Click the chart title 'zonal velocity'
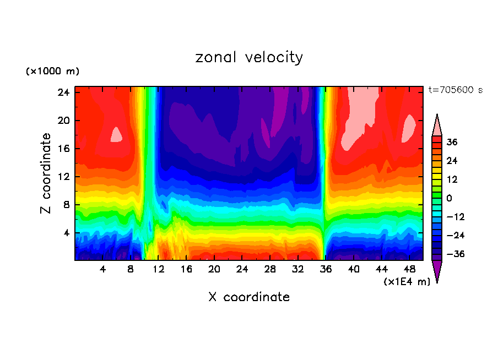tap(249, 57)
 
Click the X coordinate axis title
tap(249, 297)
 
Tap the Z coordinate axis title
tap(46, 173)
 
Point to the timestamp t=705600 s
tap(455, 90)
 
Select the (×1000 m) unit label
tap(52, 72)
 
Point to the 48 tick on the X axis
tap(409, 269)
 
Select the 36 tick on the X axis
tap(326, 269)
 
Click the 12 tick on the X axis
tap(159, 269)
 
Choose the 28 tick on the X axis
tap(270, 269)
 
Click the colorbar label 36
tap(451, 142)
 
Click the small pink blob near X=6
tap(116, 134)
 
